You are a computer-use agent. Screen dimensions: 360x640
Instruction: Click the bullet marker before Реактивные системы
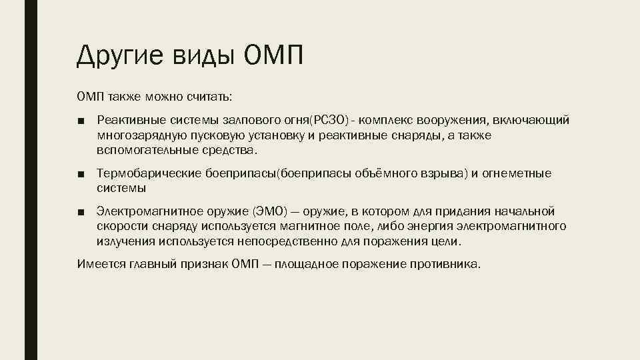80,121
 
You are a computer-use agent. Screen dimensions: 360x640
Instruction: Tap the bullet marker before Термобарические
80,175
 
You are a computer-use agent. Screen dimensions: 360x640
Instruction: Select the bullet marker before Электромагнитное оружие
80,213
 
